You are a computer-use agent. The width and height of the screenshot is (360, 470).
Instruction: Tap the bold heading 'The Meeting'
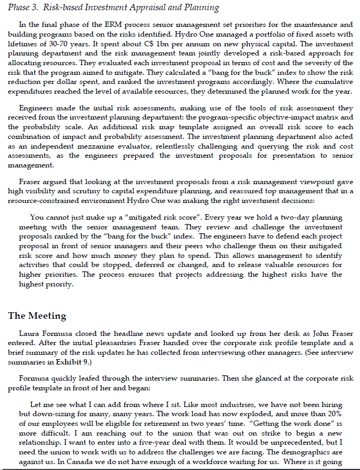coord(37,315)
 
